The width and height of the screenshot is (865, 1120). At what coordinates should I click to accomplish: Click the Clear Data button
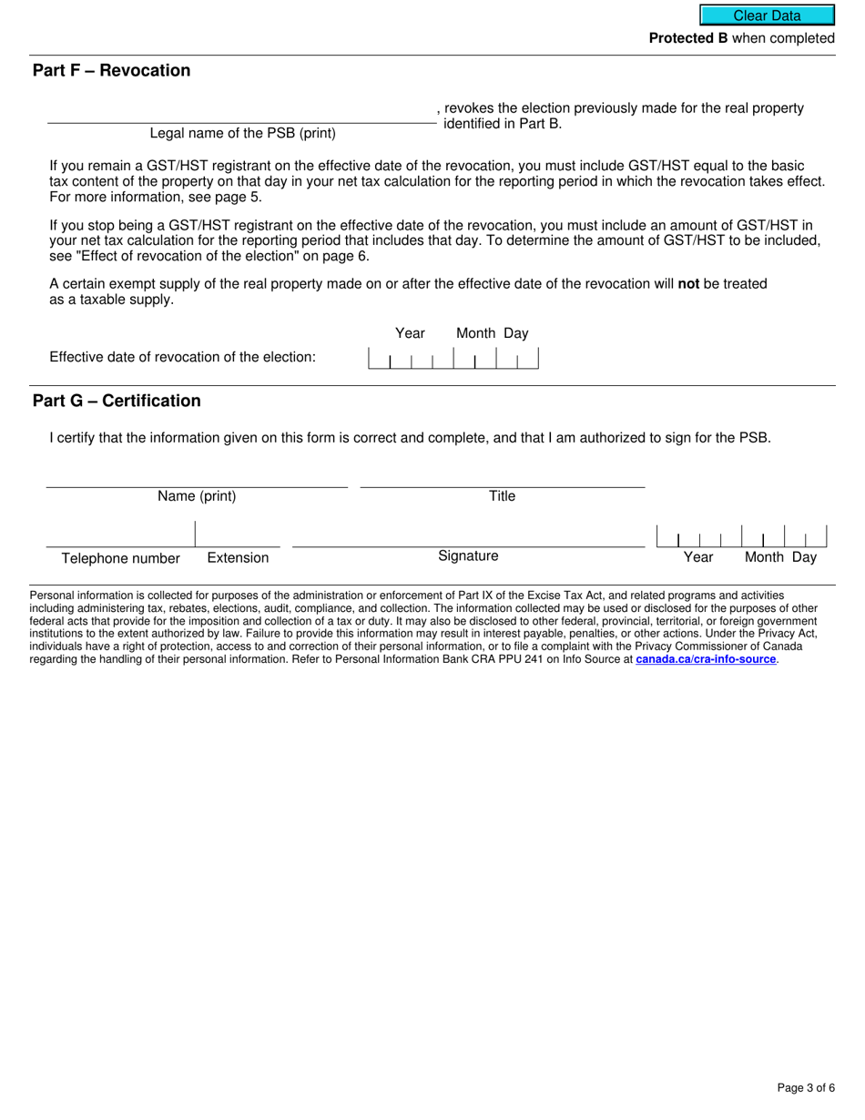point(767,15)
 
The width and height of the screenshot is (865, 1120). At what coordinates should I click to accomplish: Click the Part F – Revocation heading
point(111,71)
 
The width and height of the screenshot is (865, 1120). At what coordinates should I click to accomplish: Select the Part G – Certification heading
point(117,401)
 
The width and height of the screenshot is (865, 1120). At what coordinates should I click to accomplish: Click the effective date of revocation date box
point(453,358)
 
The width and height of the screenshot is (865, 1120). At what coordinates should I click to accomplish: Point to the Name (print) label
point(197,496)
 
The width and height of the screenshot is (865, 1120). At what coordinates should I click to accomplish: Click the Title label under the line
point(502,496)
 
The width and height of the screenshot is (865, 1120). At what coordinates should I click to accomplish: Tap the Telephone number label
point(121,558)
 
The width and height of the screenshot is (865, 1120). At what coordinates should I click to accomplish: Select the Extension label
point(238,558)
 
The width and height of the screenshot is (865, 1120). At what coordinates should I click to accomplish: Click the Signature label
point(468,556)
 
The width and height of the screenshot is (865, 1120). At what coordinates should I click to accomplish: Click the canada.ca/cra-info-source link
point(706,658)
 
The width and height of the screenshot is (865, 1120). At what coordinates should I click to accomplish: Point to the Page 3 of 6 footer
point(806,1087)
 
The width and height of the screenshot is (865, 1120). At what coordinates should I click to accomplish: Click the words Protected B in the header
point(687,38)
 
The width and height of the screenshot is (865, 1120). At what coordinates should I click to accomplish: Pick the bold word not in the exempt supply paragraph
point(688,284)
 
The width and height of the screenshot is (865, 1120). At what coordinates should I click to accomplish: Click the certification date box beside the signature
point(741,535)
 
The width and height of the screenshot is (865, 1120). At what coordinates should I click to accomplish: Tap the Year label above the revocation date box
point(410,334)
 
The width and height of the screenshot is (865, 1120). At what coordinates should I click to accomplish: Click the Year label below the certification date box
point(698,558)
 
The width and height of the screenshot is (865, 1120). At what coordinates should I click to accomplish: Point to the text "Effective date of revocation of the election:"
point(182,357)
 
